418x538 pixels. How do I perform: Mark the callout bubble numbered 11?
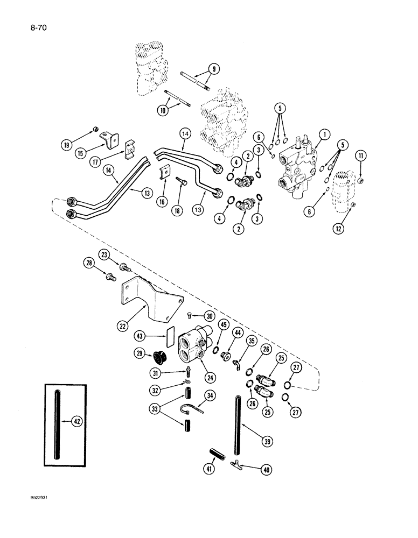(x=360, y=156)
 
